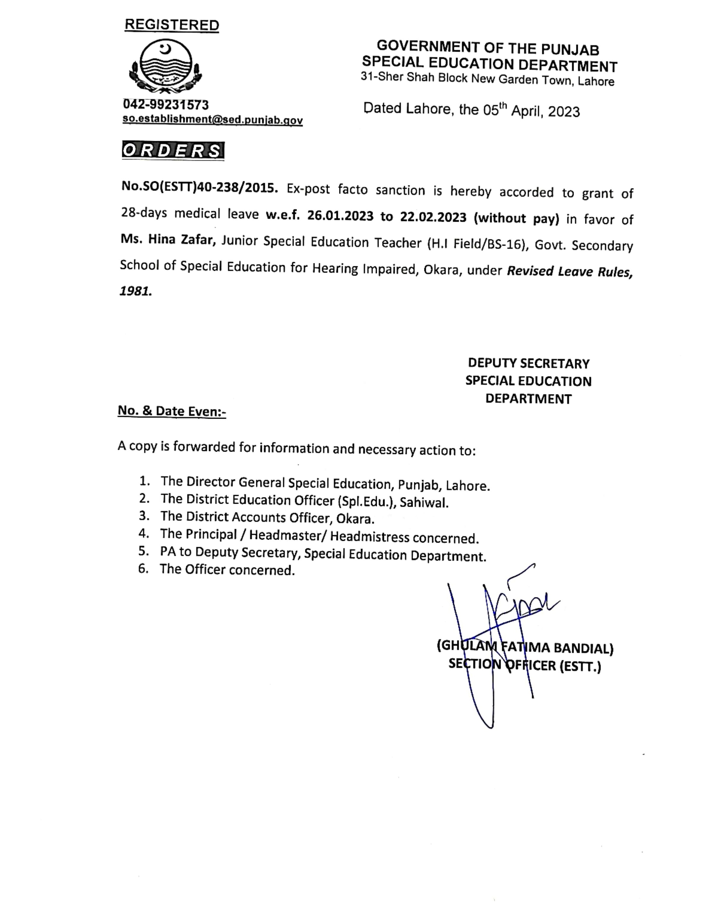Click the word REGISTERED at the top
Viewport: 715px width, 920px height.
[x=172, y=25]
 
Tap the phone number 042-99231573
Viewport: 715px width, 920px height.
[x=166, y=105]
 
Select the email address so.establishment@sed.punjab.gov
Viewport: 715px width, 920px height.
[x=213, y=120]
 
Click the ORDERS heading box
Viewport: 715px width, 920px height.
[x=173, y=150]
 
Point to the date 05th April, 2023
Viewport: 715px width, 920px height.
[x=531, y=111]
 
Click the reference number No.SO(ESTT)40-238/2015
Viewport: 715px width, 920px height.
[x=200, y=187]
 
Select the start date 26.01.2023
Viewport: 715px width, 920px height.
[x=340, y=216]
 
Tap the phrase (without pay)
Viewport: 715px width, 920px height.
[x=516, y=218]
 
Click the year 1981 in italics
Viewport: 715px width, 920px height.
[x=135, y=291]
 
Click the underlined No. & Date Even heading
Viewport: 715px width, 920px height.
[x=172, y=411]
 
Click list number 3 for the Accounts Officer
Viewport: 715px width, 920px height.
[x=144, y=516]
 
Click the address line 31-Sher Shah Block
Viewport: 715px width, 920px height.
[x=487, y=79]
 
